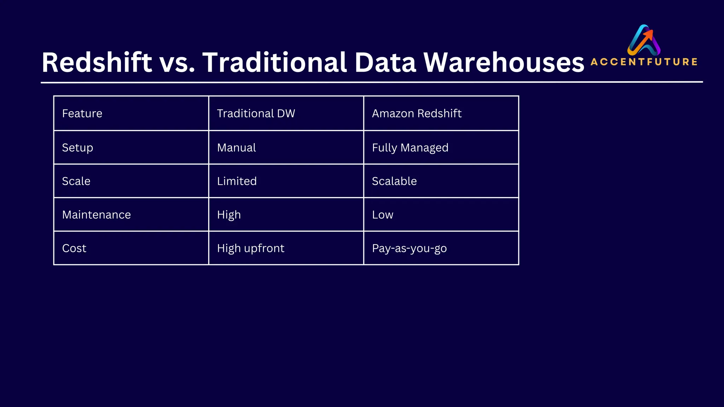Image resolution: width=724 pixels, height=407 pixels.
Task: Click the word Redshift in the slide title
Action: (97, 63)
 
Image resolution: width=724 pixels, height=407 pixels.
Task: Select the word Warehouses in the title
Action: (504, 63)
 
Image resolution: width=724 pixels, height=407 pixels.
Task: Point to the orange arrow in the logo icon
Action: (649, 35)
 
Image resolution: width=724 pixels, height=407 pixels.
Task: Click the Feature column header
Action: (82, 113)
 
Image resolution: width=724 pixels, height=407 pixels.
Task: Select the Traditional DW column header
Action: (256, 113)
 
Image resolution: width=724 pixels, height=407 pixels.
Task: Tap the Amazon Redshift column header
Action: (416, 113)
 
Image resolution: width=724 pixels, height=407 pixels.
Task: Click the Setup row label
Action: (77, 148)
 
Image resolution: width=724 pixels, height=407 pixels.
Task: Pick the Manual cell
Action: (237, 148)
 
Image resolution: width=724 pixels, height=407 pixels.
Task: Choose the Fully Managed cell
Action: (410, 148)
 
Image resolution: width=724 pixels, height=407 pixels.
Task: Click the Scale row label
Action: (76, 181)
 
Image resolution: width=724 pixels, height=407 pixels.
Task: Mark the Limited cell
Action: (237, 181)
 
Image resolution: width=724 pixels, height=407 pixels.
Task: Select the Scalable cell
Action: (394, 181)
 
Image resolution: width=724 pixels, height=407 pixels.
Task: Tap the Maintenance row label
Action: (96, 215)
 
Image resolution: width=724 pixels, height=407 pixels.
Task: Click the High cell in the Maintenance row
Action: (229, 215)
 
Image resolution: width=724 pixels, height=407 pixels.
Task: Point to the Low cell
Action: (383, 215)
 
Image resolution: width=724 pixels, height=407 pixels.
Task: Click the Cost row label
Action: (74, 248)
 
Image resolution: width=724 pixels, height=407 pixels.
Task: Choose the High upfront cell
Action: (251, 248)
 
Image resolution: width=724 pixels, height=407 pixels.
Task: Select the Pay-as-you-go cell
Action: (409, 248)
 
